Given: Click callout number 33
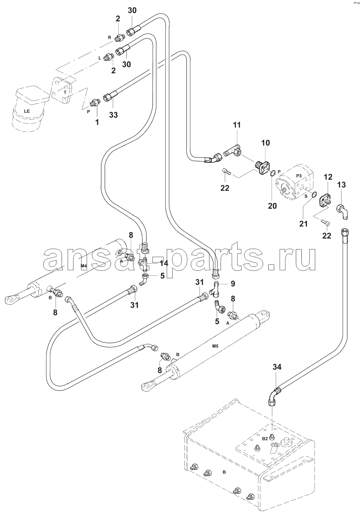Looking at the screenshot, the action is pyautogui.click(x=113, y=115).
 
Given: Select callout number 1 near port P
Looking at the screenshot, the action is pyautogui.click(x=97, y=122).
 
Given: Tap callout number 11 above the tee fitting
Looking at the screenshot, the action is pyautogui.click(x=237, y=125).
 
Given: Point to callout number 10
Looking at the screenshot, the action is pyautogui.click(x=265, y=143).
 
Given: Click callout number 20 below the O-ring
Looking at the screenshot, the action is pyautogui.click(x=272, y=205).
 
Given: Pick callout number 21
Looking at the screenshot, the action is pyautogui.click(x=303, y=224).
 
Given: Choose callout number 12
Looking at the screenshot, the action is pyautogui.click(x=328, y=177).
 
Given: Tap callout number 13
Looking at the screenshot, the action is pyautogui.click(x=342, y=184).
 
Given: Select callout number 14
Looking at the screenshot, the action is pyautogui.click(x=163, y=263).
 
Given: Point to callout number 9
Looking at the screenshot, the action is pyautogui.click(x=233, y=284).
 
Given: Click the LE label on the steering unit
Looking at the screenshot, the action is pyautogui.click(x=27, y=111).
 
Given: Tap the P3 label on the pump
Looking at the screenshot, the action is pyautogui.click(x=299, y=176).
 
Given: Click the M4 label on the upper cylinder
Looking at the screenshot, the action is pyautogui.click(x=84, y=266).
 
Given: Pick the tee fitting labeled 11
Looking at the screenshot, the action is pyautogui.click(x=232, y=150).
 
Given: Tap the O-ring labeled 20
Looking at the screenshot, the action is pyautogui.click(x=273, y=173).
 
